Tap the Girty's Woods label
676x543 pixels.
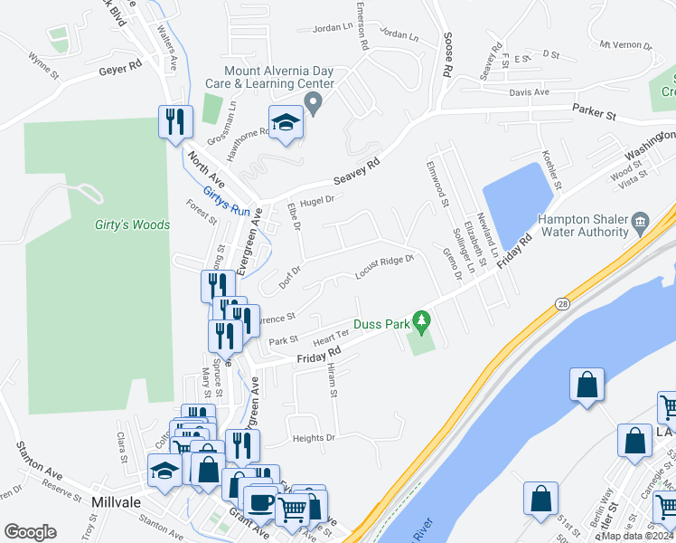point(133,224)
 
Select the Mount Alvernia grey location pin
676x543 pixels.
point(314,104)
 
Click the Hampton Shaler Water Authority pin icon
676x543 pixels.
point(640,220)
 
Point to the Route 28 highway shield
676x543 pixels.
point(562,304)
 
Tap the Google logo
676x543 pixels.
point(30,532)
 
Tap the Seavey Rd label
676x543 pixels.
point(357,163)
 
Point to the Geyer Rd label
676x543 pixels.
point(121,67)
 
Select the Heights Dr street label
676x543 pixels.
point(314,438)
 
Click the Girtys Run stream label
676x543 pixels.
point(226,202)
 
